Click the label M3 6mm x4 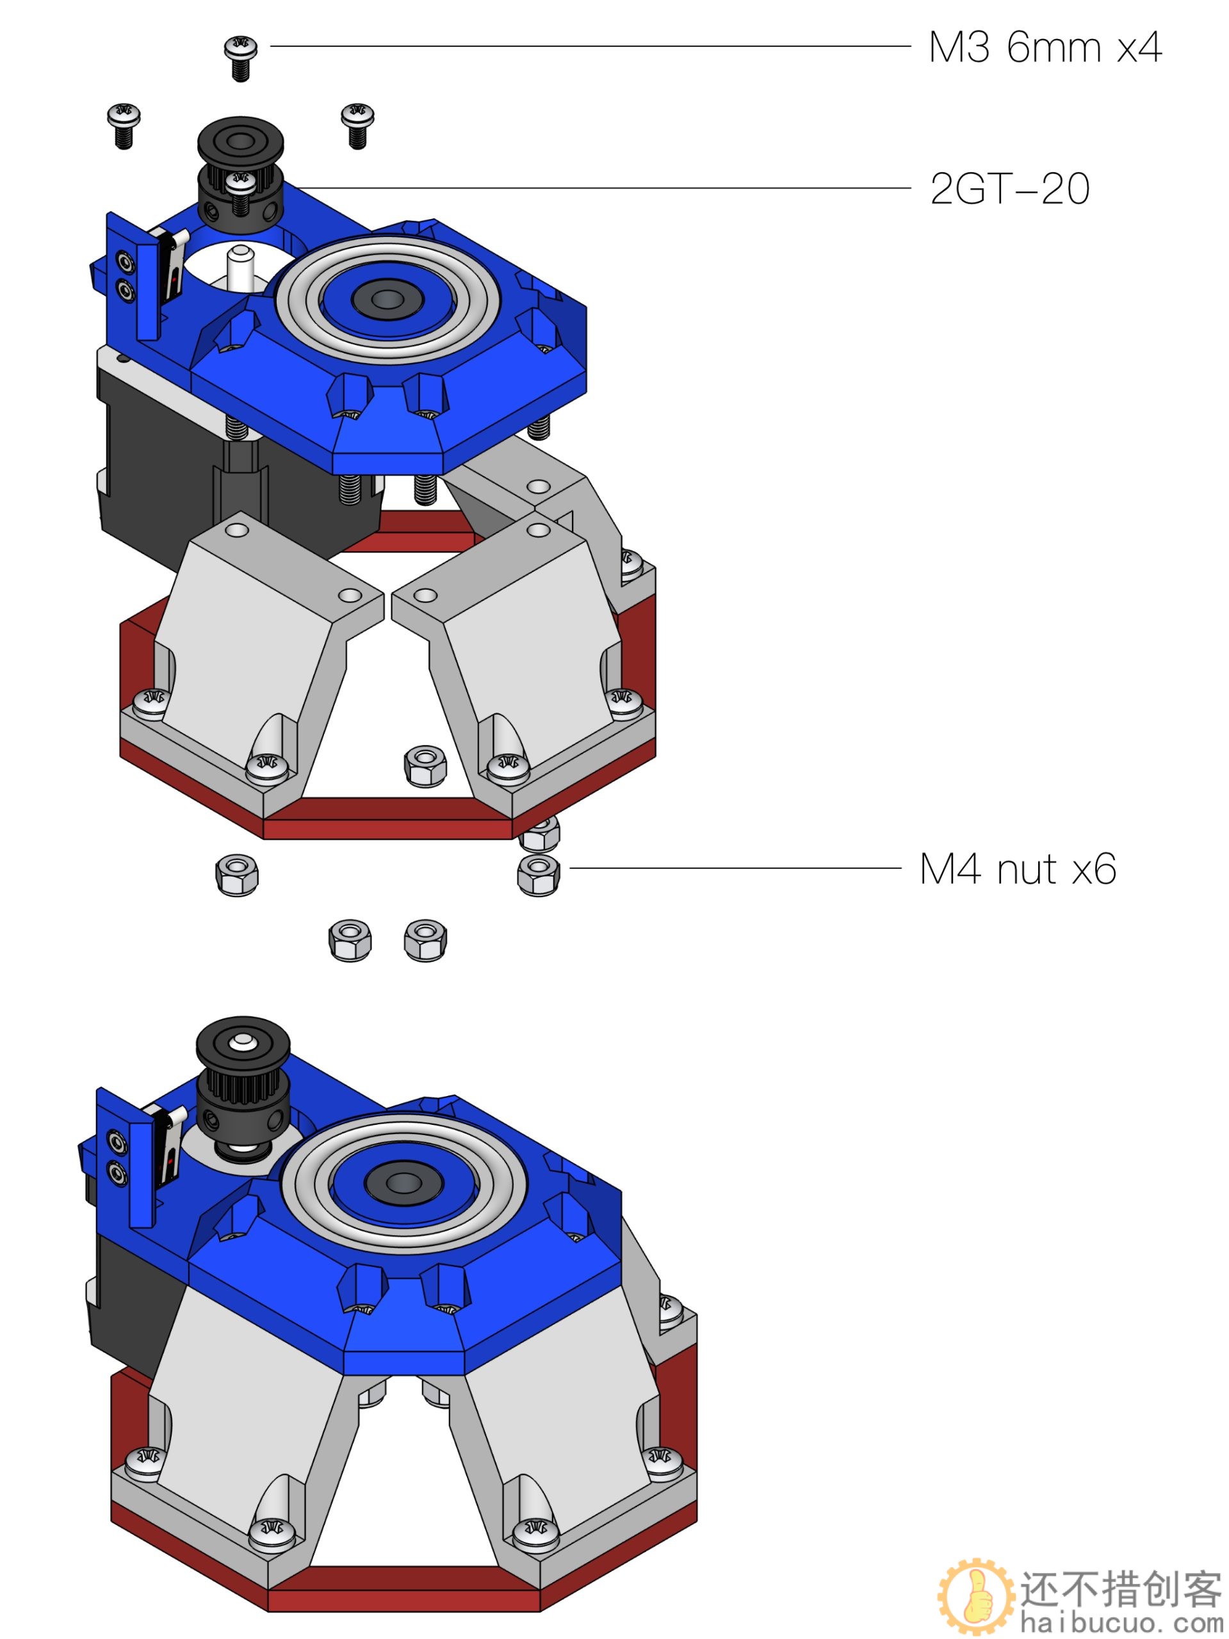coord(1045,47)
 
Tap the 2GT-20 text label coord(1009,188)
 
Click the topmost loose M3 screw coord(241,58)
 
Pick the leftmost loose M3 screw coord(124,125)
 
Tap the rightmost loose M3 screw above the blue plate coord(357,126)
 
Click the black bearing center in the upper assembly coord(385,298)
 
